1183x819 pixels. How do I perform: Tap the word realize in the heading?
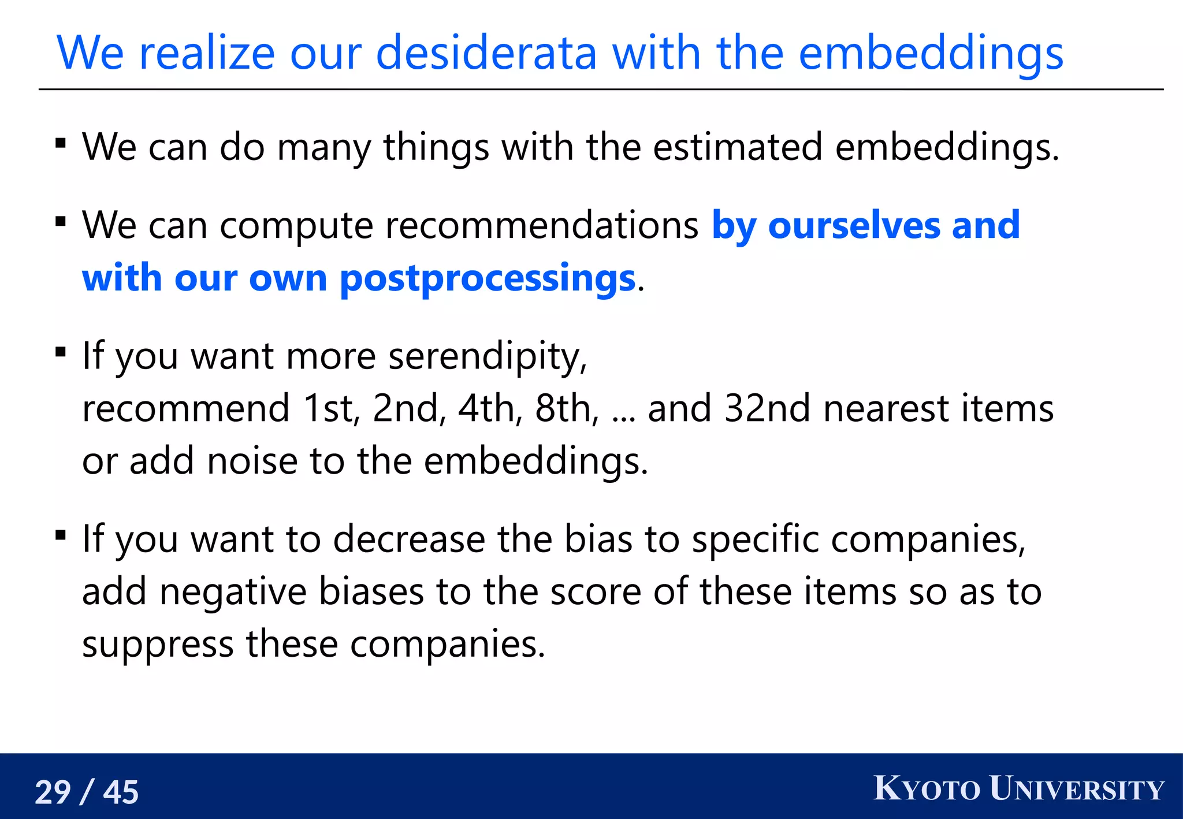coord(207,53)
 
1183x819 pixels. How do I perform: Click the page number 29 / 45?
coord(87,792)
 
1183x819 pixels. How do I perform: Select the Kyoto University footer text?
coord(1018,789)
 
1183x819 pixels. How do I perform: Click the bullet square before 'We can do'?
coord(61,142)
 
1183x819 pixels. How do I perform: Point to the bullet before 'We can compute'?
coord(61,221)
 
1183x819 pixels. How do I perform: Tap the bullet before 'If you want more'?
coord(61,352)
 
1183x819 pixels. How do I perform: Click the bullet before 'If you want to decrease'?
coord(61,535)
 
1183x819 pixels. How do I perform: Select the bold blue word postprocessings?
coord(488,278)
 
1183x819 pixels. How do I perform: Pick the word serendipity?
coord(487,356)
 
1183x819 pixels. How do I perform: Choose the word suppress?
coord(158,645)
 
